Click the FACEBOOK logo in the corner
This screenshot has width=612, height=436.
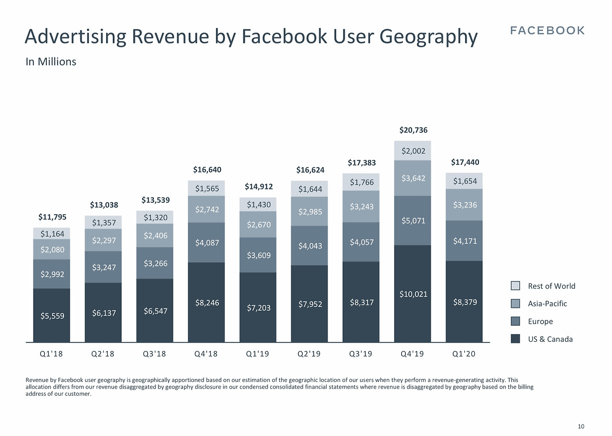(x=547, y=31)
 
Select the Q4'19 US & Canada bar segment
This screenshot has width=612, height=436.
(x=413, y=294)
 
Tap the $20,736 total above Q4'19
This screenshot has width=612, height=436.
(x=413, y=130)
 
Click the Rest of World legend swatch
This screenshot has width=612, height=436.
(x=515, y=286)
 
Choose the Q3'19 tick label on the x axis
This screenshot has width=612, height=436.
(x=361, y=354)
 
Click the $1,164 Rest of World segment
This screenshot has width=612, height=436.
(x=52, y=234)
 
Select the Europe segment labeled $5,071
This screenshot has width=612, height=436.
(x=413, y=221)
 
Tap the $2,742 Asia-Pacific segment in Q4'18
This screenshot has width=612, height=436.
(x=207, y=209)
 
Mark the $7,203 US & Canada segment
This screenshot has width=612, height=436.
(x=258, y=307)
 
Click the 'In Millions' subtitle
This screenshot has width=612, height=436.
(x=51, y=62)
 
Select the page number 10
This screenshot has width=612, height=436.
(x=581, y=426)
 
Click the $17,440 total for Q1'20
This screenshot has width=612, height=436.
(x=465, y=163)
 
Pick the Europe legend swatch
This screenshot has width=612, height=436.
(x=515, y=321)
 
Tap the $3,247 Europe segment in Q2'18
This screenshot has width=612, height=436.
(x=103, y=267)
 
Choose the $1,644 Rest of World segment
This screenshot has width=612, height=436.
(x=310, y=189)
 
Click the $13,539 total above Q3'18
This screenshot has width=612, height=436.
(x=155, y=199)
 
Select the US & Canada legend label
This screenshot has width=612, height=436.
(x=550, y=339)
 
